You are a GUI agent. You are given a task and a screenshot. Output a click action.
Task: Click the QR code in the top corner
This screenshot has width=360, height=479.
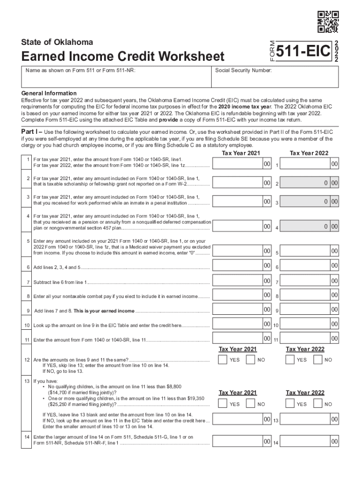pyautogui.click(x=328, y=22)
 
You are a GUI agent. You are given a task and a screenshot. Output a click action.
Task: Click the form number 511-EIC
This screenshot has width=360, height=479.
pyautogui.click(x=303, y=53)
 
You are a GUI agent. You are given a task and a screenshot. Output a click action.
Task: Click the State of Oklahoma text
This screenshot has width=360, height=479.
pyautogui.click(x=57, y=42)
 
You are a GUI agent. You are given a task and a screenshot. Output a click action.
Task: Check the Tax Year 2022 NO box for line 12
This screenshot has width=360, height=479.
pyautogui.click(x=318, y=359)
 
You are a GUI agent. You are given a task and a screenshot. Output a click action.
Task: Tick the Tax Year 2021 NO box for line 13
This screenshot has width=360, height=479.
pyautogui.click(x=251, y=403)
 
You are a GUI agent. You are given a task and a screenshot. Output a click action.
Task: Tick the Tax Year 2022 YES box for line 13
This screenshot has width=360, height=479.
pyautogui.click(x=291, y=403)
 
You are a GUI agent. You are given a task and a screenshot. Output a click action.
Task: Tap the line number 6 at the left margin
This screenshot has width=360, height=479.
pyautogui.click(x=29, y=268)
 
